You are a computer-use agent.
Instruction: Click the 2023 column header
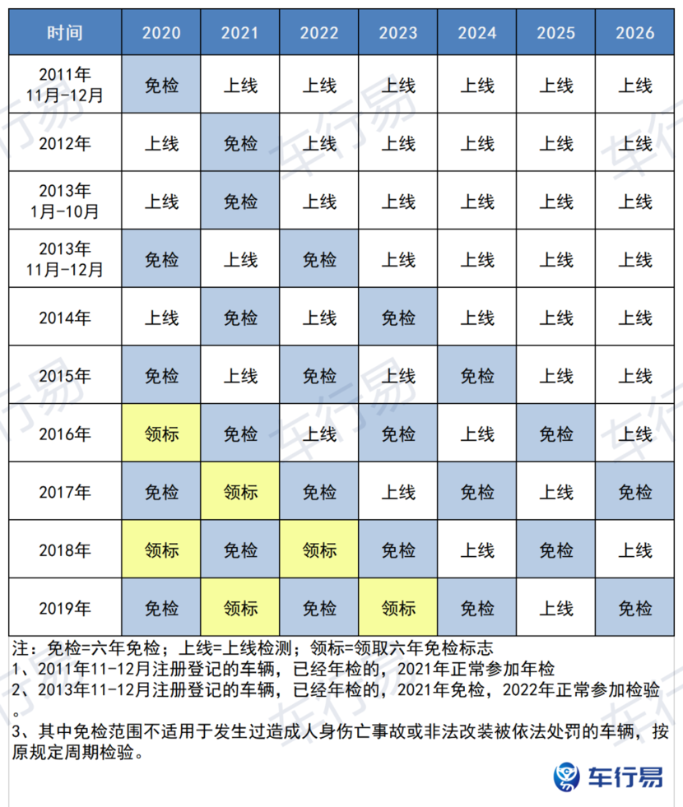[398, 33]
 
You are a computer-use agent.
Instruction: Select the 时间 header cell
[65, 33]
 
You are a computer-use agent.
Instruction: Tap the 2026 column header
[635, 33]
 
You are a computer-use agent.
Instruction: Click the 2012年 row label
[65, 143]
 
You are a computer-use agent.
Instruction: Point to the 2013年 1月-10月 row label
[65, 201]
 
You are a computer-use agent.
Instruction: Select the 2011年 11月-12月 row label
[65, 85]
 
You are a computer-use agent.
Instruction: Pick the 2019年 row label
[65, 608]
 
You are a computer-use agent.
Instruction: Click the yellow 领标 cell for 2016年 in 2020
[161, 434]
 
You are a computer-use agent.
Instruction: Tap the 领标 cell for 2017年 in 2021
[240, 492]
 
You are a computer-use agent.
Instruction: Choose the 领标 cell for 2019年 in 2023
[398, 608]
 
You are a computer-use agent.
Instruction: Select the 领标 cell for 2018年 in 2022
[319, 550]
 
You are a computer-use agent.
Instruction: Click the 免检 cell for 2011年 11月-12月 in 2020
[161, 85]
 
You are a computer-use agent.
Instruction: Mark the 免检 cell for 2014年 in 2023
[398, 318]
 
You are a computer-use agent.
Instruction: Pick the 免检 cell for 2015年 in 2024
[477, 376]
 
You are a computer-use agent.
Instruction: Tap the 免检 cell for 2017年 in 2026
[635, 492]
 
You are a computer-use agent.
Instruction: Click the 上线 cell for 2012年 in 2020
[161, 143]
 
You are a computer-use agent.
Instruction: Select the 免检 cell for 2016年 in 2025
[556, 434]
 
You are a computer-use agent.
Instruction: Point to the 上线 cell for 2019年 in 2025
[556, 608]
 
